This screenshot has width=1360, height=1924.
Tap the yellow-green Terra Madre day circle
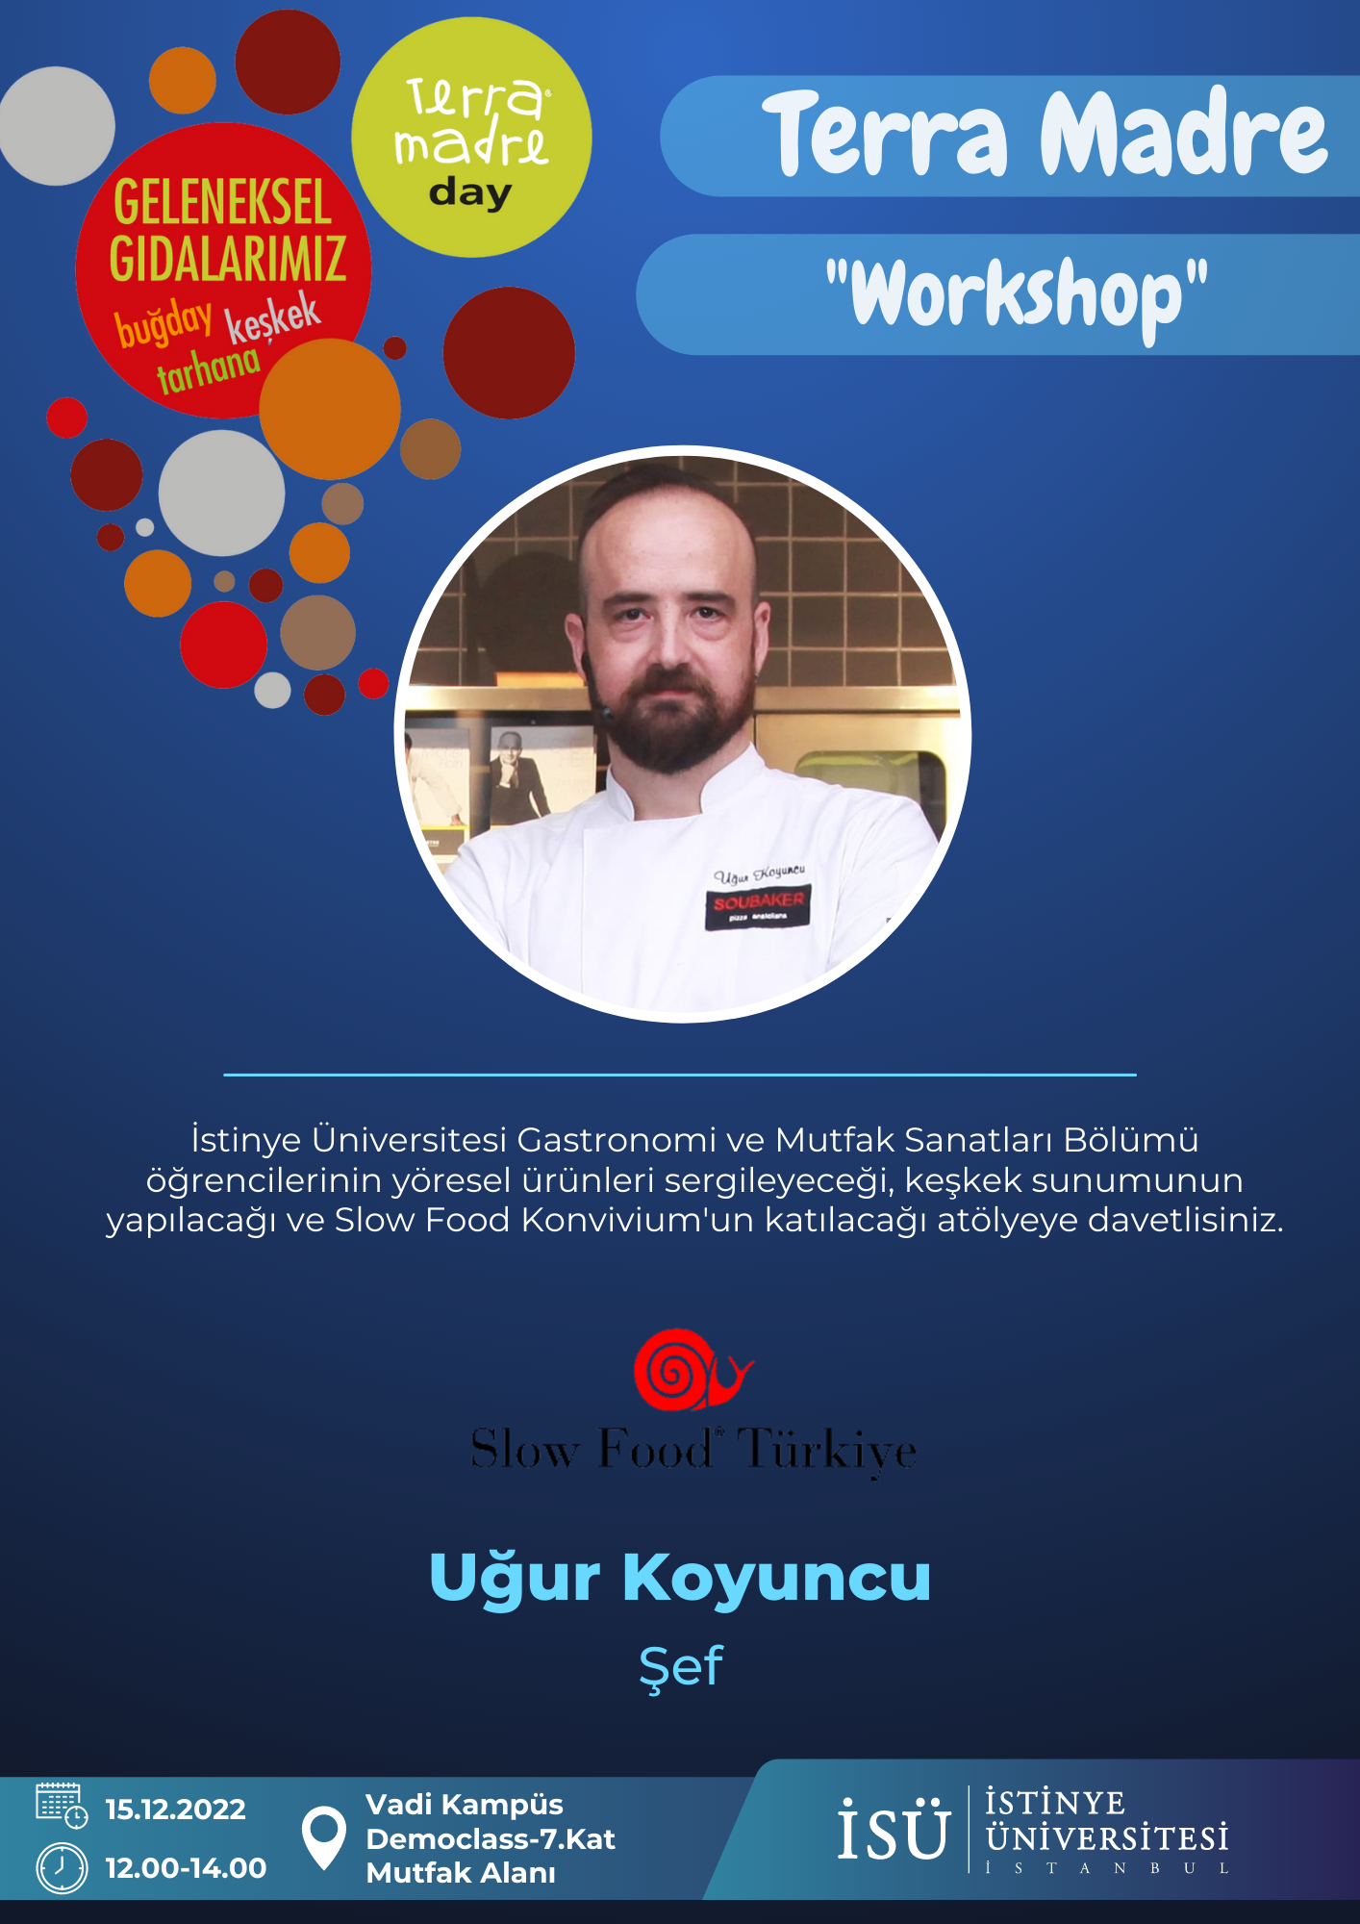(471, 138)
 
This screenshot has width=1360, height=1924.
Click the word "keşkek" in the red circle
(273, 316)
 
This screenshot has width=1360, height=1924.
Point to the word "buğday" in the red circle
(164, 323)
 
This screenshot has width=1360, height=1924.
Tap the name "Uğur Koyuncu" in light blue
(680, 1579)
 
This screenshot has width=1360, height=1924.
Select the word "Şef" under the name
(681, 1666)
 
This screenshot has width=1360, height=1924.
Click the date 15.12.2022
(175, 1810)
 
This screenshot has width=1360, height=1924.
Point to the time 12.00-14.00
(186, 1868)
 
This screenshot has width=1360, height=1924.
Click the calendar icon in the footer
(62, 1805)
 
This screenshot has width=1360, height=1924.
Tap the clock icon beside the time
(62, 1868)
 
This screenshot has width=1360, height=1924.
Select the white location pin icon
(324, 1838)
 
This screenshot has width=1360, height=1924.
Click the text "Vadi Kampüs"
(465, 1805)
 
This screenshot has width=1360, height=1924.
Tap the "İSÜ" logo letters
(894, 1829)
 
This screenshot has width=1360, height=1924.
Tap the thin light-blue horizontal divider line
(680, 1075)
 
